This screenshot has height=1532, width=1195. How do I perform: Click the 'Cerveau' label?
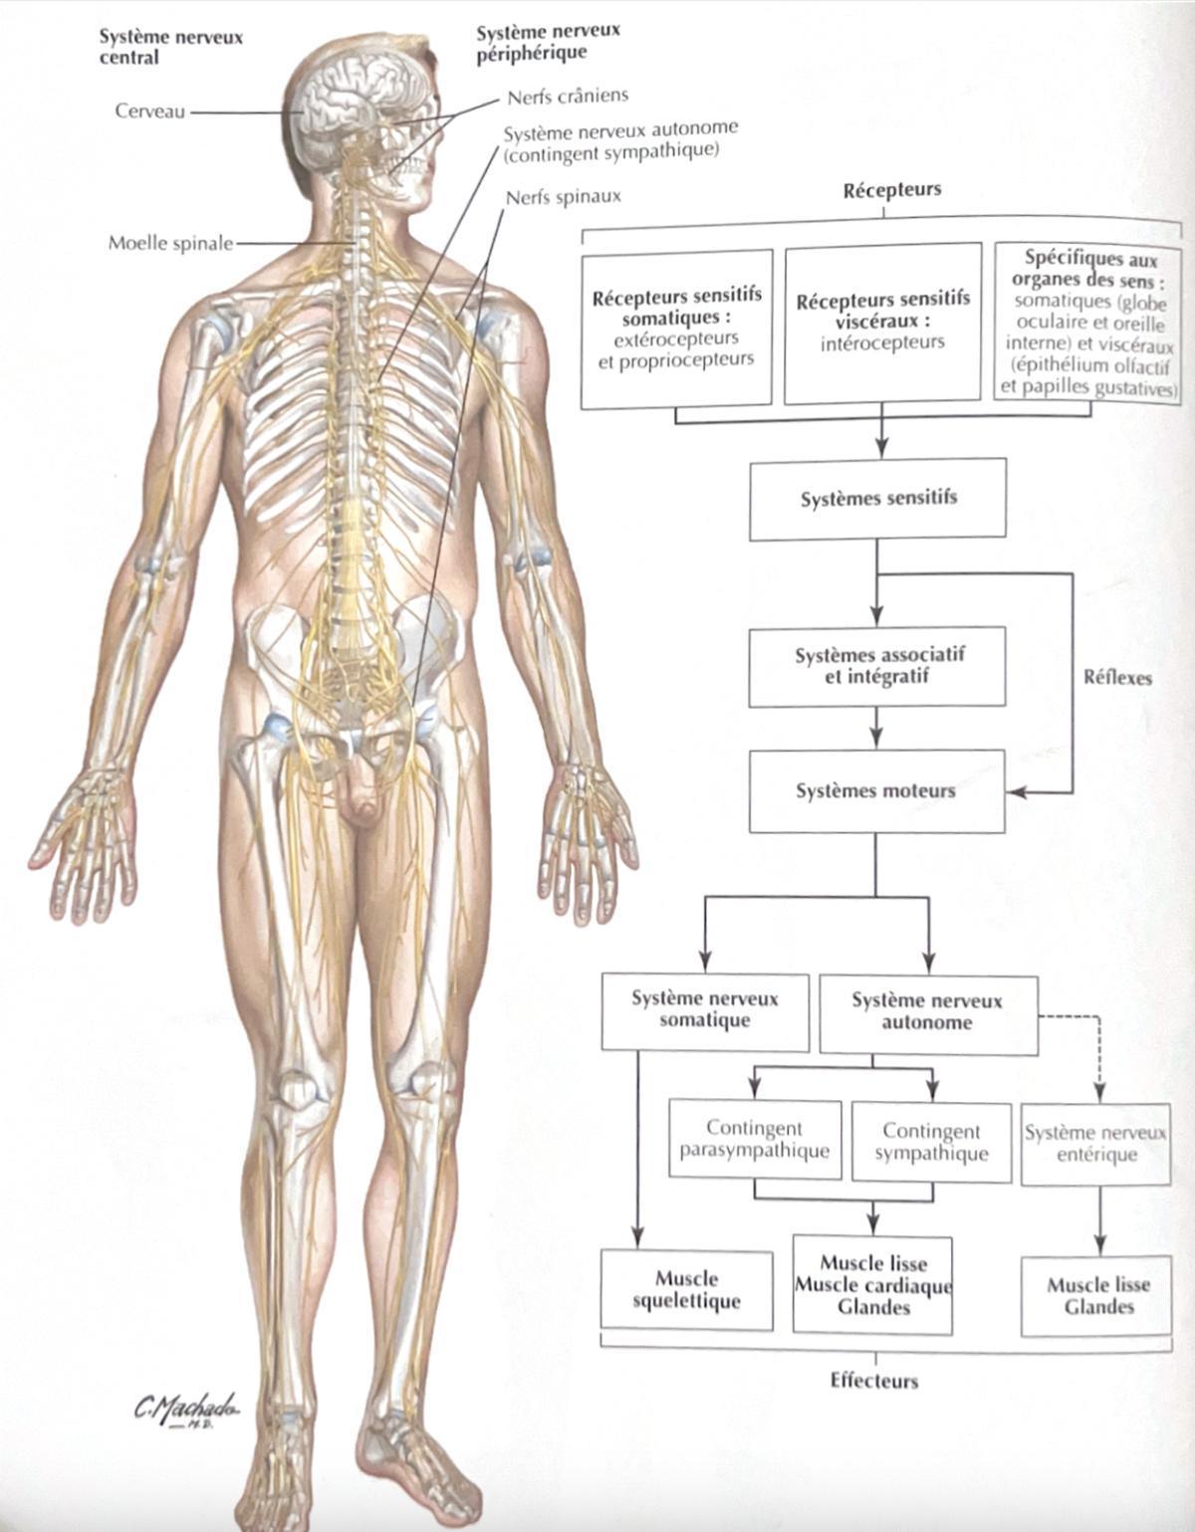click(150, 111)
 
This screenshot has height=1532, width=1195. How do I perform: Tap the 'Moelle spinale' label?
click(170, 243)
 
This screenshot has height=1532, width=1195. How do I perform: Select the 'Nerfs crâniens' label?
click(568, 96)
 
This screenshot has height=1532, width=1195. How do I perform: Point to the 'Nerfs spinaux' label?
click(564, 197)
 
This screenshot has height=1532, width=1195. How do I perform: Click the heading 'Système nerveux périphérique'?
click(548, 42)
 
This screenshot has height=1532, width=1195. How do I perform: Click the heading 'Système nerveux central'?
click(170, 47)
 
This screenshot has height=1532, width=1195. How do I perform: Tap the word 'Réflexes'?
click(1117, 678)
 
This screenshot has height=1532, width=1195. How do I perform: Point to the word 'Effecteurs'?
click(874, 1381)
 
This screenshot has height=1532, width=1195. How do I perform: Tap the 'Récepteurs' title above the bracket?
click(892, 190)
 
